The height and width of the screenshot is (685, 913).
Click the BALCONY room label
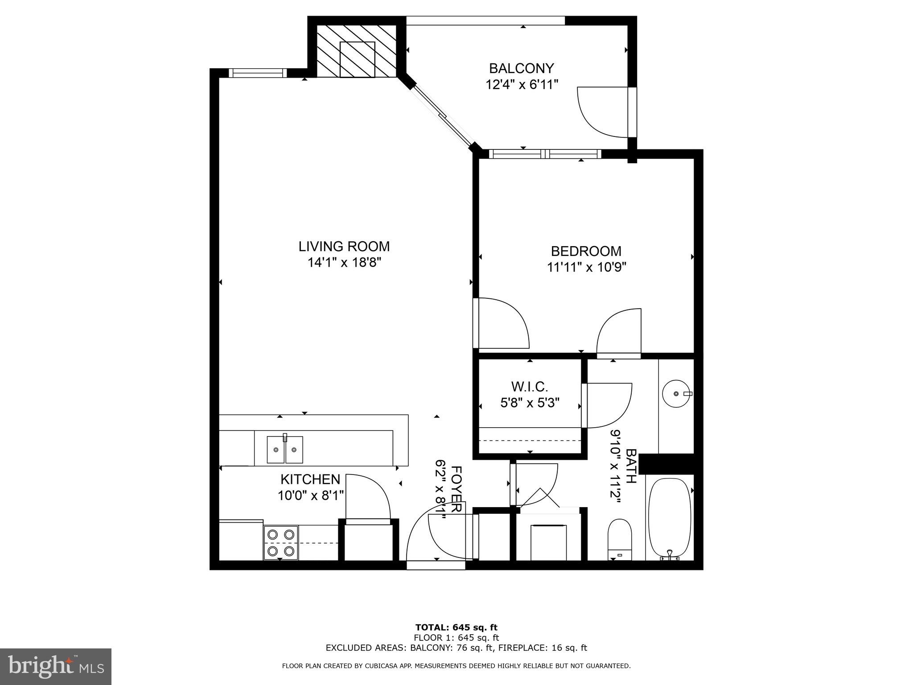pyautogui.click(x=521, y=68)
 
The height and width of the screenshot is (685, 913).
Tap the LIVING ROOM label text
pyautogui.click(x=344, y=246)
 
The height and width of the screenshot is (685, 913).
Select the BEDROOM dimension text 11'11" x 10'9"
pyautogui.click(x=586, y=267)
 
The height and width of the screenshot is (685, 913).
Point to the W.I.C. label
pyautogui.click(x=529, y=386)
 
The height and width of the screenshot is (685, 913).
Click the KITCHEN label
pyautogui.click(x=310, y=479)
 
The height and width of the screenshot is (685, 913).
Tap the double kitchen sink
pyautogui.click(x=285, y=450)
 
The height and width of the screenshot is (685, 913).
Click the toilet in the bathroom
pyautogui.click(x=620, y=540)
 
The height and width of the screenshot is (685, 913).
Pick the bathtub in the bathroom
pyautogui.click(x=670, y=517)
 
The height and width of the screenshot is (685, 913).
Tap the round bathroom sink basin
pyautogui.click(x=677, y=394)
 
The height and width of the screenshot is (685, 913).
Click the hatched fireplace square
pyautogui.click(x=357, y=60)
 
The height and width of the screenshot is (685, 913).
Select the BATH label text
pyautogui.click(x=631, y=466)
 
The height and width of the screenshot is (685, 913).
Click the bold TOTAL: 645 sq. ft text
pyautogui.click(x=456, y=627)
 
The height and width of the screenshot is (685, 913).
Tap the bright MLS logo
pyautogui.click(x=56, y=667)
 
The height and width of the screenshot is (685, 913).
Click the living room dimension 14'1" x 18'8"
pyautogui.click(x=344, y=262)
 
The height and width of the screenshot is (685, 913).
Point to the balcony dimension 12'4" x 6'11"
pyautogui.click(x=522, y=84)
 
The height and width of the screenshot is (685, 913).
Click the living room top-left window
pyautogui.click(x=258, y=73)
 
